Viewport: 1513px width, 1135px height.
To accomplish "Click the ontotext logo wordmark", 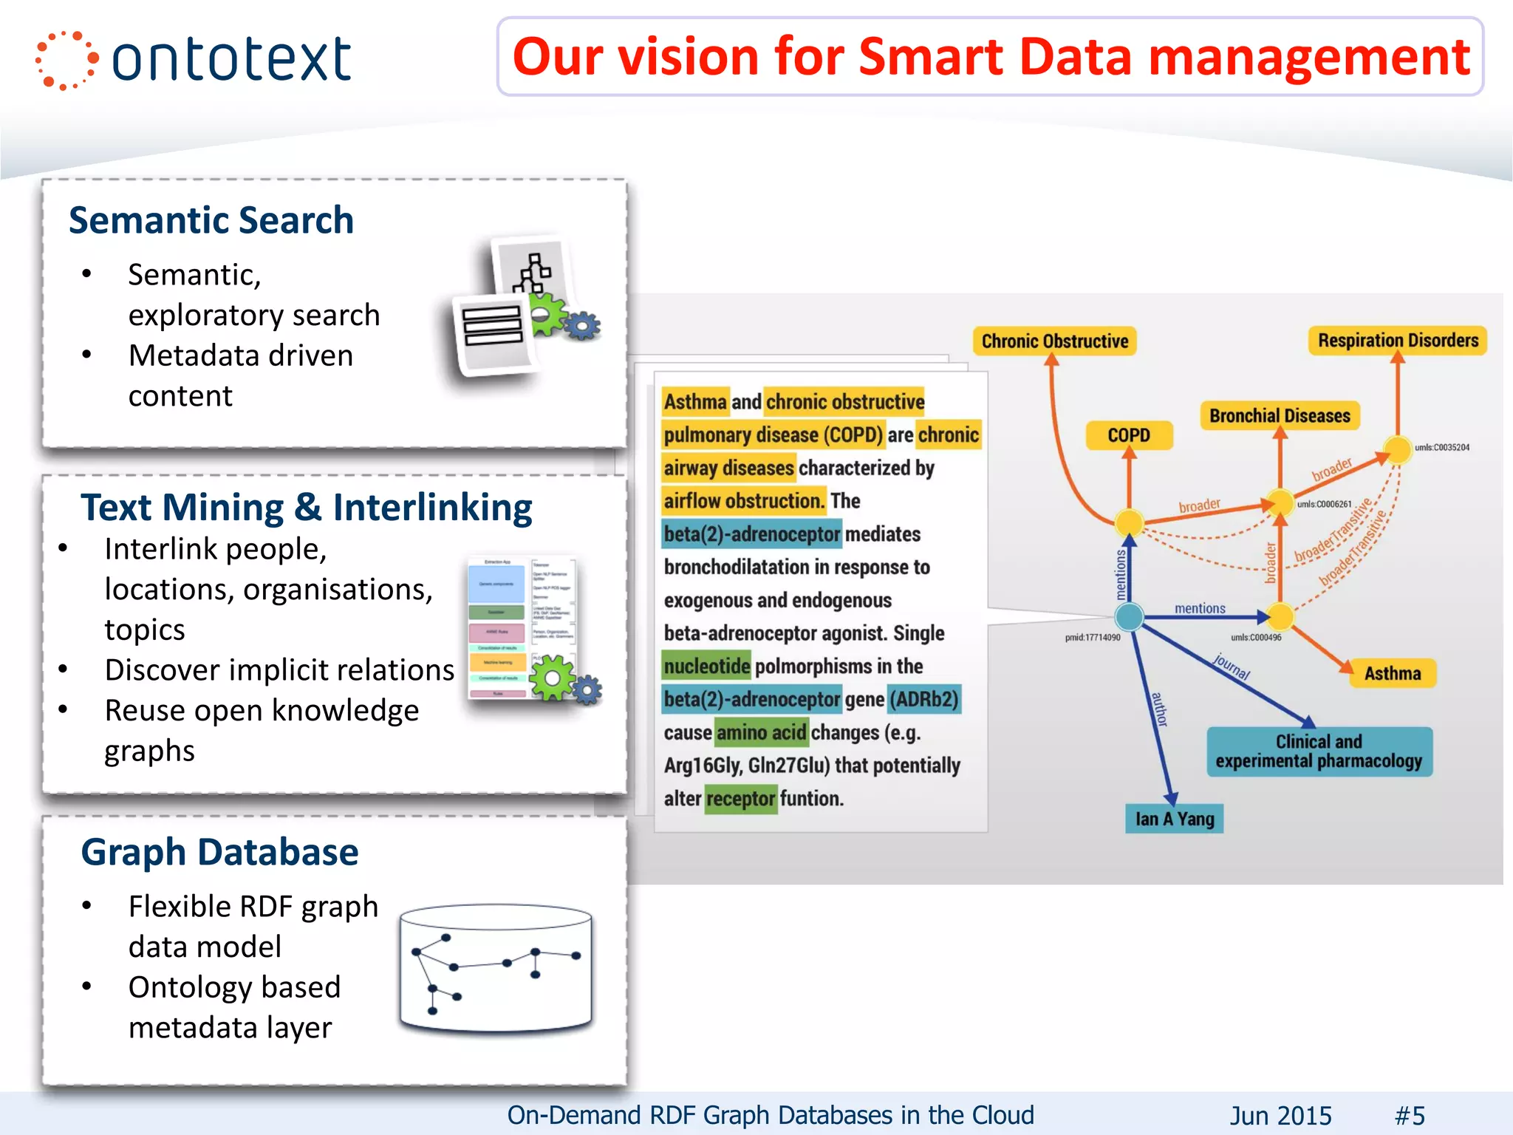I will coord(230,59).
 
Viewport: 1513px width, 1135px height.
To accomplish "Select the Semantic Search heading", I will coord(211,220).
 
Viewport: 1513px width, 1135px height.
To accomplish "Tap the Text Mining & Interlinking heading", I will coord(306,508).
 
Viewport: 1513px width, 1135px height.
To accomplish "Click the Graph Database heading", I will coord(219,852).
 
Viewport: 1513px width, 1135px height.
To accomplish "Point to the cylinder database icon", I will coord(496,968).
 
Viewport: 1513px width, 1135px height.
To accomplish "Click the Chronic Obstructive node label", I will coord(1054,341).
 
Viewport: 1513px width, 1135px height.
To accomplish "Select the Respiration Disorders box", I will coord(1398,341).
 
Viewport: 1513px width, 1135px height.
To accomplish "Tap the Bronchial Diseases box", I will coord(1280,416).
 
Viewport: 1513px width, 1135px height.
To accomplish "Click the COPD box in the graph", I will coord(1129,435).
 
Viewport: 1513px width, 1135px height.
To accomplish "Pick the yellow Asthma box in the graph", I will coord(1393,673).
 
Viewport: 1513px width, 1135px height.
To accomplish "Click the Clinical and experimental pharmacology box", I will coord(1319,751).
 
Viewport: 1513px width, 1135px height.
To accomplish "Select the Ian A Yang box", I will coord(1175,819).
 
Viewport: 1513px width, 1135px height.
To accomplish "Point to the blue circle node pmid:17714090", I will coord(1129,616).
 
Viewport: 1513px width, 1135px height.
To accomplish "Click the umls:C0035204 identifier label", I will coord(1441,448).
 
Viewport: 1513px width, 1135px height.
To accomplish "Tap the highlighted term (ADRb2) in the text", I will coord(924,699).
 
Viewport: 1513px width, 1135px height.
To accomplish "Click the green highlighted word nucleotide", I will coord(706,667).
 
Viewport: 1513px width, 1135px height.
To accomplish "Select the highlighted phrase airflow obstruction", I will coord(743,501).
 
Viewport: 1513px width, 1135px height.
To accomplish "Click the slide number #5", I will coord(1410,1115).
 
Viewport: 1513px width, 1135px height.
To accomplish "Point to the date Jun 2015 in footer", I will coord(1280,1115).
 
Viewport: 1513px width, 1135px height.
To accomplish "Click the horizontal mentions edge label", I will coord(1200,608).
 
